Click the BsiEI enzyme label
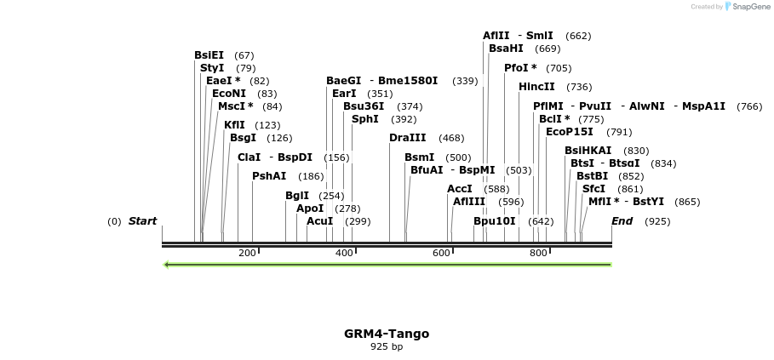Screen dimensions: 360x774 pyautogui.click(x=209, y=55)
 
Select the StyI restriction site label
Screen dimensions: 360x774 pyautogui.click(x=212, y=68)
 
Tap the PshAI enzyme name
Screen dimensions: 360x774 pyautogui.click(x=269, y=176)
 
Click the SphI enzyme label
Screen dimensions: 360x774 pyautogui.click(x=364, y=119)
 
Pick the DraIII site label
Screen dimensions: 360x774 pyautogui.click(x=407, y=138)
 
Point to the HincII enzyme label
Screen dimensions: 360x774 pyautogui.click(x=536, y=87)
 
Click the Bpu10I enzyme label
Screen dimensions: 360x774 pyautogui.click(x=495, y=221)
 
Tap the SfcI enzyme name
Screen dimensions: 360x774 pyautogui.click(x=593, y=189)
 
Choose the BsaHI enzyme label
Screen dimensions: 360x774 pyautogui.click(x=506, y=49)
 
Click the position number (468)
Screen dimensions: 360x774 pyautogui.click(x=451, y=138)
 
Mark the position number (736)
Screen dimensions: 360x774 pyautogui.click(x=579, y=87)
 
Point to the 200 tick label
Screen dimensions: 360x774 pyautogui.click(x=247, y=254)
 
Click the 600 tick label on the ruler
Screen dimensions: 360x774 pyautogui.click(x=441, y=254)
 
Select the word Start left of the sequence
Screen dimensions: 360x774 pyautogui.click(x=142, y=221)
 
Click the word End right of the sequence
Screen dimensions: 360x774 pyautogui.click(x=622, y=221)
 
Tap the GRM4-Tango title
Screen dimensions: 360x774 pyautogui.click(x=387, y=334)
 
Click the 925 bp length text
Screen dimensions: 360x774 pyautogui.click(x=387, y=346)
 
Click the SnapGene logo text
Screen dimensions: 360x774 pyautogui.click(x=747, y=7)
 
